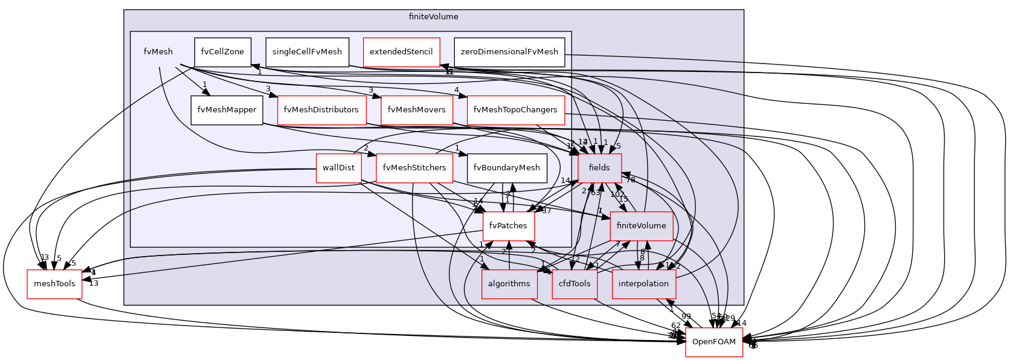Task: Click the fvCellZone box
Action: (222, 52)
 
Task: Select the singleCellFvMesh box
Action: (307, 52)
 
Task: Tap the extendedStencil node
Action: (401, 52)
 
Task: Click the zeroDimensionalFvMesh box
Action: (509, 52)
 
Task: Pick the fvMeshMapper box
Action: (227, 110)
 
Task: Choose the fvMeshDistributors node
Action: (321, 110)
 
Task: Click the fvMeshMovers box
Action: (416, 110)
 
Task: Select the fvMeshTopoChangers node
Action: (515, 110)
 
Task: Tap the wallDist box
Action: (338, 168)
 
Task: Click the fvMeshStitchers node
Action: (414, 168)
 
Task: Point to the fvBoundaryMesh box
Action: (507, 168)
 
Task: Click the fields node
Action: (599, 168)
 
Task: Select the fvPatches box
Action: (508, 226)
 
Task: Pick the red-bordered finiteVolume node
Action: (641, 226)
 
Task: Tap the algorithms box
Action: (509, 284)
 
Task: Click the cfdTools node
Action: (574, 284)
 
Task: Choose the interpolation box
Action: (643, 284)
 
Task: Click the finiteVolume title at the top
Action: (433, 17)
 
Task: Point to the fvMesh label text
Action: (158, 52)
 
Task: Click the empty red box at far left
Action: (54, 284)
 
